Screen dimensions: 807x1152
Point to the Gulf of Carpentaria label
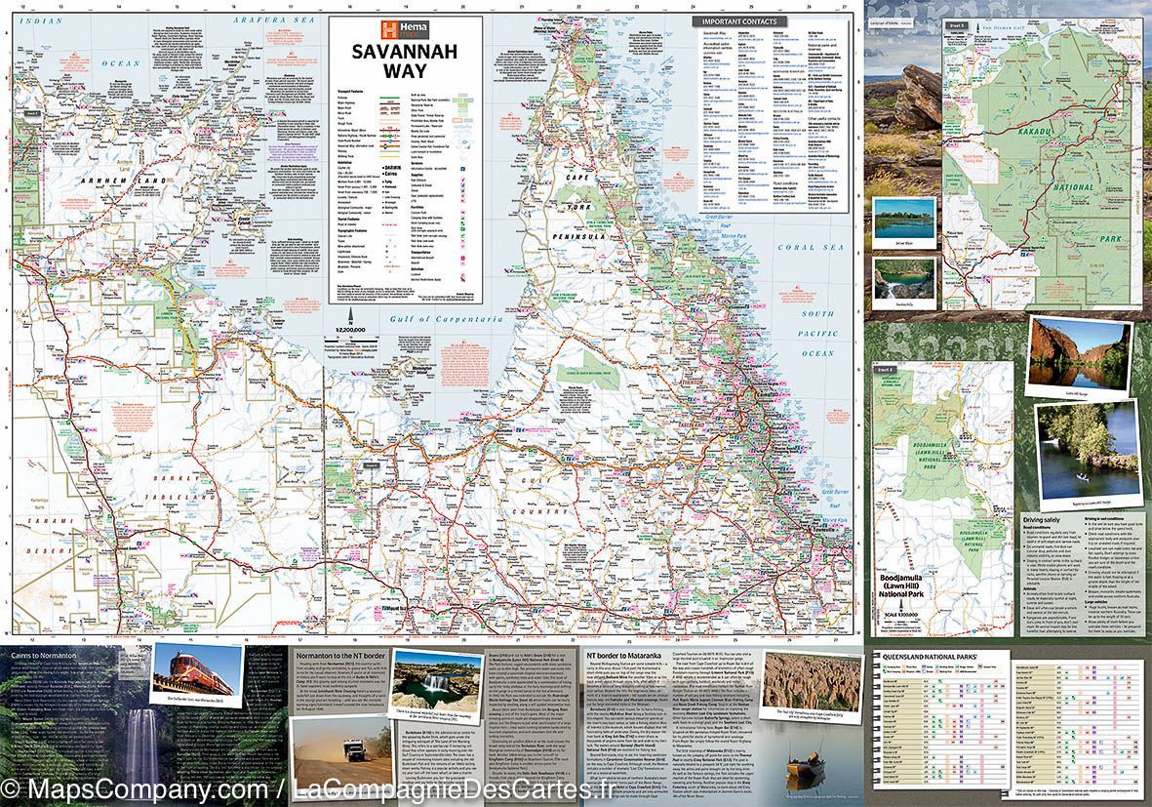pos(433,319)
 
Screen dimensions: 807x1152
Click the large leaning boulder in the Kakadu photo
pos(917,93)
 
